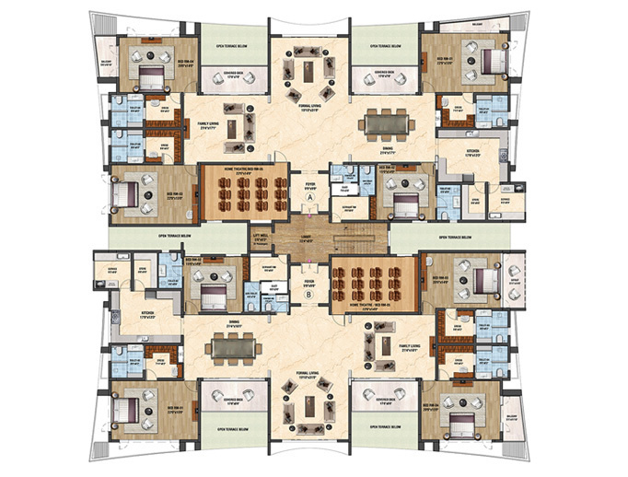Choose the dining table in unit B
pyautogui.click(x=236, y=346)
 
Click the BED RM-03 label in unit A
pyautogui.click(x=170, y=194)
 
